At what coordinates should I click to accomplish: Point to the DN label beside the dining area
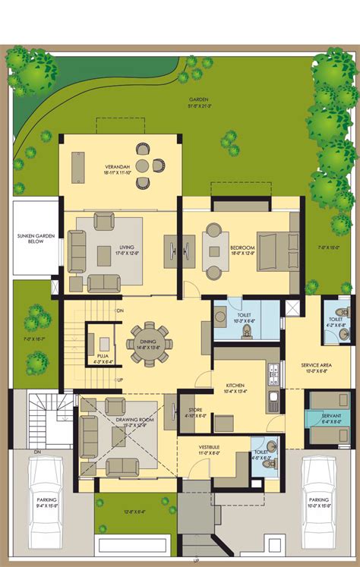[x=118, y=311]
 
